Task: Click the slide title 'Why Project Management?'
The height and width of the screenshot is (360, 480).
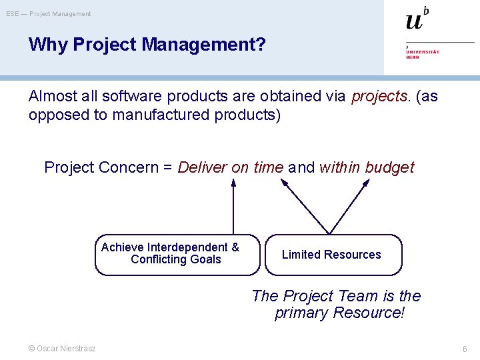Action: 147,45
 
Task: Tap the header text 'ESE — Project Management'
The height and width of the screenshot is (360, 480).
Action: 49,13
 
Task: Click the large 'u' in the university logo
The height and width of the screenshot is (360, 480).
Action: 414,21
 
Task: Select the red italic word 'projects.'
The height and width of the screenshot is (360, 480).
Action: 381,96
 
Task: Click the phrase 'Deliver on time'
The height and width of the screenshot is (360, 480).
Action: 231,167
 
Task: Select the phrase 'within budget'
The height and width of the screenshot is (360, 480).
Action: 367,167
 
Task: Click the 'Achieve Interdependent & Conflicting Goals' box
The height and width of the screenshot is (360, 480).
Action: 177,254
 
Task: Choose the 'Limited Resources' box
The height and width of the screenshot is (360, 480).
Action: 333,254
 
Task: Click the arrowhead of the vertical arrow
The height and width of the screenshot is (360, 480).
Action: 233,183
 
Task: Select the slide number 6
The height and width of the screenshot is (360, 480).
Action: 465,349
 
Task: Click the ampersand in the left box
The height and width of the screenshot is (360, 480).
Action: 235,247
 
